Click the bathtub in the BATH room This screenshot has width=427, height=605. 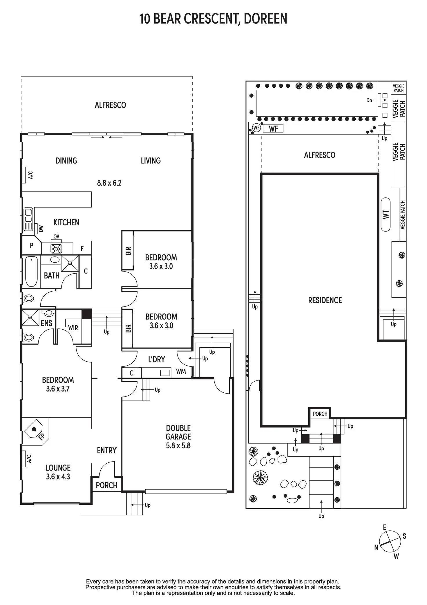click(31, 272)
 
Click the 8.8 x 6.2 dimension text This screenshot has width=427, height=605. click(109, 183)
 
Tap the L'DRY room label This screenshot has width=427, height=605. click(156, 360)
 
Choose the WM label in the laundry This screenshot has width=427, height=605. click(181, 371)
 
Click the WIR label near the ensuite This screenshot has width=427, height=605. click(73, 328)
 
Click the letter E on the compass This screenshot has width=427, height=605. click(385, 527)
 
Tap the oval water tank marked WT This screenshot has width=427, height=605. click(386, 215)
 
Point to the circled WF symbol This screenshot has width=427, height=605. click(256, 128)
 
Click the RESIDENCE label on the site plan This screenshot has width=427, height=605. click(325, 300)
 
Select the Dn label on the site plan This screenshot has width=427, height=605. click(369, 100)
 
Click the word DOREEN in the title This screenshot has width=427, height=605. click(265, 19)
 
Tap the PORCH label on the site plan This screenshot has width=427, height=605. click(320, 414)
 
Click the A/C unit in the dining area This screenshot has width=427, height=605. click(24, 175)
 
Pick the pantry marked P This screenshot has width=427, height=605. click(32, 245)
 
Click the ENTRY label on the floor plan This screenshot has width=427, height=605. click(106, 450)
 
